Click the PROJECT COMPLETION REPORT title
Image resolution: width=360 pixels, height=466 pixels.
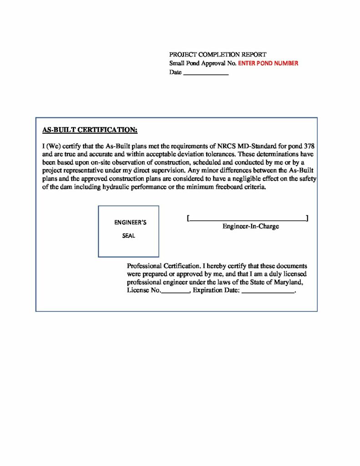218,55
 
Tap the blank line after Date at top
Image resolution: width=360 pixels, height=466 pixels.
205,73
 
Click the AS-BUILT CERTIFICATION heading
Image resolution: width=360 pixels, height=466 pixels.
90,130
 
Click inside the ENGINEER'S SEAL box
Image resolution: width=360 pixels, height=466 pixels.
128,231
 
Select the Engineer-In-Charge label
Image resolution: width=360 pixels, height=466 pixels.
251,226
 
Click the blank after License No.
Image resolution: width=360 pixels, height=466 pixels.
175,291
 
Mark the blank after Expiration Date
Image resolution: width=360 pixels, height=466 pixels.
268,291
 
